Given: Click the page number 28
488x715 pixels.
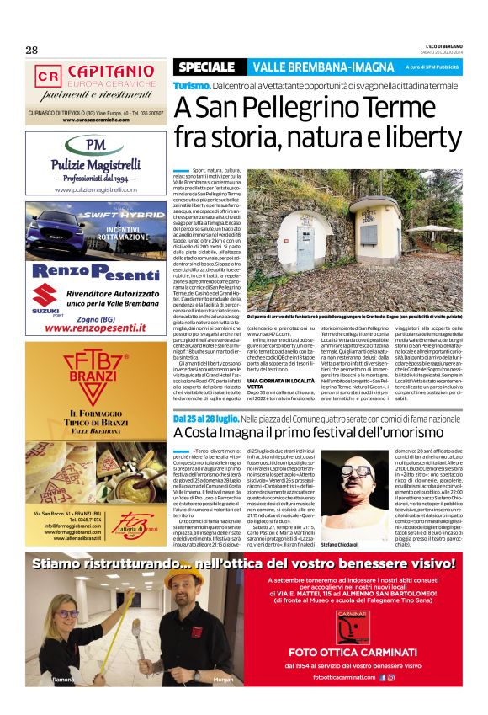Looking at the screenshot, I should [x=32, y=50].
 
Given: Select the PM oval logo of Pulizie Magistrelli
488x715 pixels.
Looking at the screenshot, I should [x=95, y=144].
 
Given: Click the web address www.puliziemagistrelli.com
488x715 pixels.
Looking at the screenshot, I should [x=95, y=190].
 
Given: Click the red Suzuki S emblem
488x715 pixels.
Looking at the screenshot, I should [x=48, y=296].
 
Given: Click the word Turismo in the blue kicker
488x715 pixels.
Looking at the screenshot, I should [x=191, y=87].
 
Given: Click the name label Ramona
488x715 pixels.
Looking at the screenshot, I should [x=64, y=679].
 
